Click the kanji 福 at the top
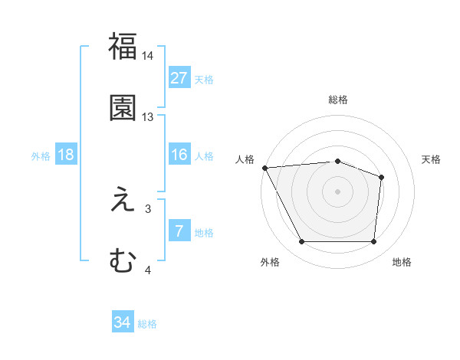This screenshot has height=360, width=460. coord(123,47)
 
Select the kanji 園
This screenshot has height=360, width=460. coord(123,108)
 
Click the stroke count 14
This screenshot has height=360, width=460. coord(148,56)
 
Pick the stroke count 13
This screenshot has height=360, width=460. coord(148,117)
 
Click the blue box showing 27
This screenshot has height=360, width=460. coord(179,78)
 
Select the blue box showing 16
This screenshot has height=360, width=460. coord(179,155)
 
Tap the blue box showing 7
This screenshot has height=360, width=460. coord(179,231)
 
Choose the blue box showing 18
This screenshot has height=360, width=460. coord(66,155)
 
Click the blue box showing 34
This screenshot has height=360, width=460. coord(123,323)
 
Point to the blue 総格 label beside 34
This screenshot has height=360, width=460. coord(147,324)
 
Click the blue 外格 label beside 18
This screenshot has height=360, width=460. coord(41,156)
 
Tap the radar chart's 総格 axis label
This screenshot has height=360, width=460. coord(338,100)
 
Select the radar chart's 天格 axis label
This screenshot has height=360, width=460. coord(432,159)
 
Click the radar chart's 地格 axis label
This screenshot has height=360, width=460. coord(402,262)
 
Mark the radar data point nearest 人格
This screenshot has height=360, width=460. coord(264,168)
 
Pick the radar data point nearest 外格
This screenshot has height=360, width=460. coord(301,242)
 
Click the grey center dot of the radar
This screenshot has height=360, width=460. coord(338,191)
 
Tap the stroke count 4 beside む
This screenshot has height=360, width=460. coord(148,270)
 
